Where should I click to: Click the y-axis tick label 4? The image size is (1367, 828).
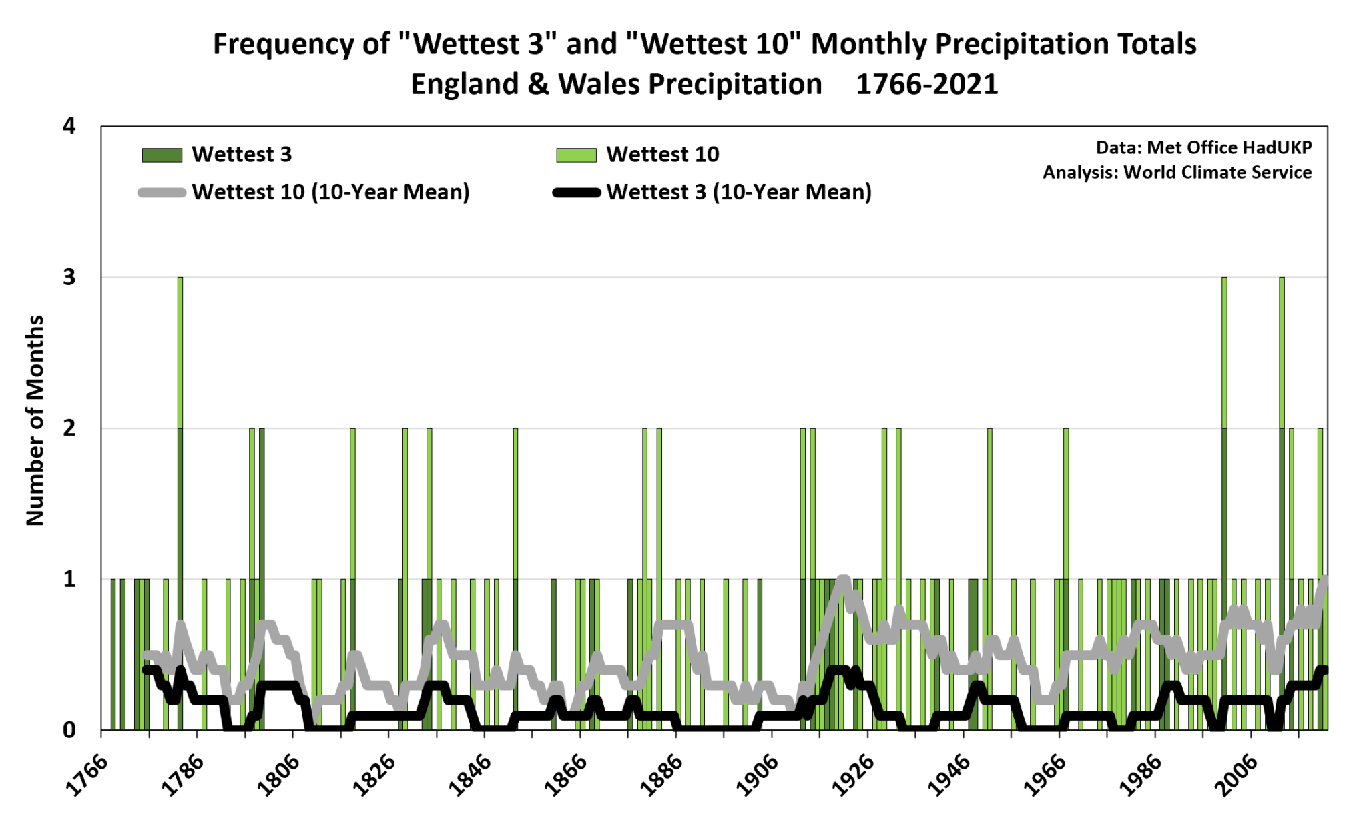(x=69, y=126)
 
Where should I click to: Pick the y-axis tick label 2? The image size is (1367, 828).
(x=69, y=428)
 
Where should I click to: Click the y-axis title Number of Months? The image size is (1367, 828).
(x=35, y=420)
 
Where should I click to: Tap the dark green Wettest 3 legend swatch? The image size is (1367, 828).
(x=162, y=155)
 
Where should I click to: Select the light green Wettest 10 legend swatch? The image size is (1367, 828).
(x=576, y=155)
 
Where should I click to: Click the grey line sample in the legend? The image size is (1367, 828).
(x=162, y=193)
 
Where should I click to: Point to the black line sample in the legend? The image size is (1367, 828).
(x=576, y=193)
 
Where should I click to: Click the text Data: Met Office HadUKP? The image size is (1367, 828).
(x=1203, y=147)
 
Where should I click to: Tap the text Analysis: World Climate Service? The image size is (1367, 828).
(x=1177, y=172)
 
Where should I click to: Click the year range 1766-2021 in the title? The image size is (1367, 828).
(x=926, y=85)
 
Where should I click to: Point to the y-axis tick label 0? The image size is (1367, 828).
(x=69, y=730)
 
